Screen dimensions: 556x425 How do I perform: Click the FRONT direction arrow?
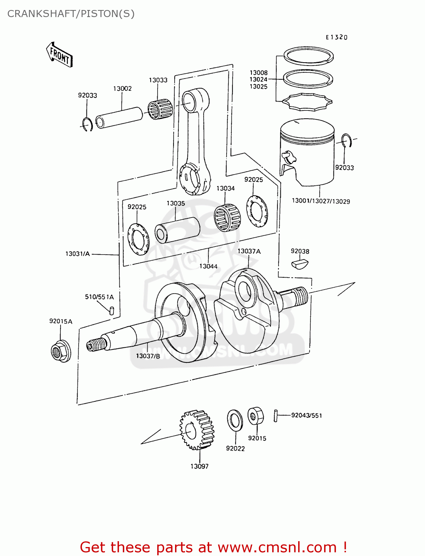click(59, 54)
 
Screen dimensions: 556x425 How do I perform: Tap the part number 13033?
click(158, 80)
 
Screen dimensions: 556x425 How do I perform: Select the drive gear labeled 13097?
click(197, 430)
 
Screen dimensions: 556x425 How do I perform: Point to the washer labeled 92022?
click(235, 420)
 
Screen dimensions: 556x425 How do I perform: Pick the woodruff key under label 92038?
click(299, 264)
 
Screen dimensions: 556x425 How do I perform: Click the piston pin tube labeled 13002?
click(119, 117)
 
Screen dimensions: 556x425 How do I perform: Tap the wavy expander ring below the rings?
click(307, 102)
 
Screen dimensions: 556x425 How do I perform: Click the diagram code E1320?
click(336, 37)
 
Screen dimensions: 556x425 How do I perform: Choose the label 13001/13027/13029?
click(321, 201)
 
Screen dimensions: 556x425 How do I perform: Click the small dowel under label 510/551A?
click(112, 310)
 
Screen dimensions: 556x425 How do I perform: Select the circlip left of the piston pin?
click(88, 124)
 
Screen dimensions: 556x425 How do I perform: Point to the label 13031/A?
click(78, 254)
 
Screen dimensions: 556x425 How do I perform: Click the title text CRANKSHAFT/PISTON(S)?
click(71, 14)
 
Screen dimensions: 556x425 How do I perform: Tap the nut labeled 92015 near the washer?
click(256, 416)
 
